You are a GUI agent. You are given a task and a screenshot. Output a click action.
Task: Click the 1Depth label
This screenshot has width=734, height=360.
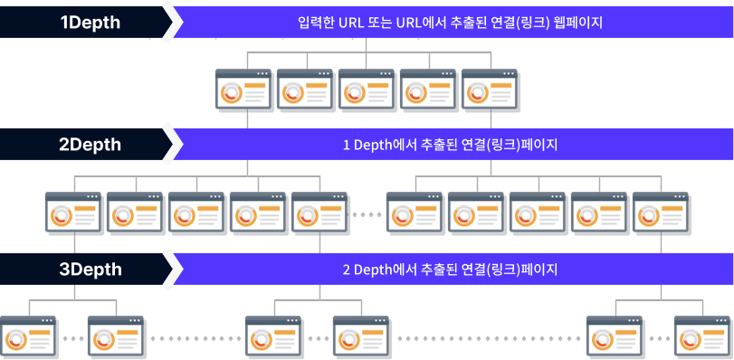pos(90,23)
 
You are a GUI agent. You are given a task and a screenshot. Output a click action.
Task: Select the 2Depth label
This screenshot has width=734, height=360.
pos(90,144)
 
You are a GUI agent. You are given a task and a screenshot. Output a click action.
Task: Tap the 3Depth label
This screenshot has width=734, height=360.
pos(90,269)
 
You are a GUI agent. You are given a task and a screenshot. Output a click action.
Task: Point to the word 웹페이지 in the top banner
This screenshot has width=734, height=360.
pos(577,23)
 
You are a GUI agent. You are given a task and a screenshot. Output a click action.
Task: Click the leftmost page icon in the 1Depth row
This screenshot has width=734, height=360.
pos(243,90)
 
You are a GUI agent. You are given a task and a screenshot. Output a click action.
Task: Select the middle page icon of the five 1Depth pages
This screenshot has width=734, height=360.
pos(367,90)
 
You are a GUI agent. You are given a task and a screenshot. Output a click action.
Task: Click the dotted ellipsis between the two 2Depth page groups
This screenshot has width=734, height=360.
pos(366,214)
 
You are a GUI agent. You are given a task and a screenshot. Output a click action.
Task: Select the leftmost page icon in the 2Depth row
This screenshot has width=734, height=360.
pos(74,214)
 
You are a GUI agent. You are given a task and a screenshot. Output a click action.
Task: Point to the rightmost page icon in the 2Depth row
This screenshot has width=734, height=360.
pos(661,214)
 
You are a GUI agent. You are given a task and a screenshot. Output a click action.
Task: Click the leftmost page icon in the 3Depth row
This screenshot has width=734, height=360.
pos(29,337)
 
